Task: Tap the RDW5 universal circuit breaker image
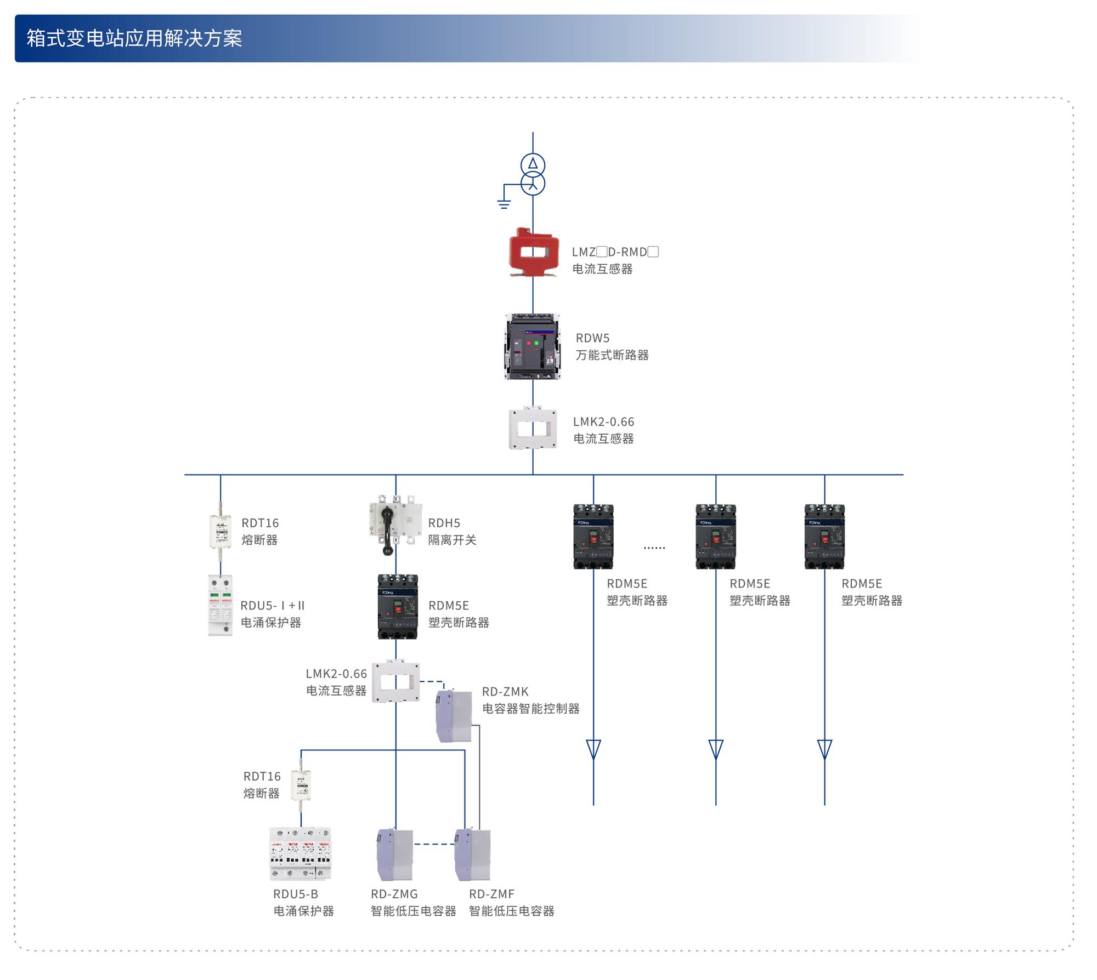533,346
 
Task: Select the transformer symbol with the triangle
533,164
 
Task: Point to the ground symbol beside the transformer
504,204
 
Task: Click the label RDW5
592,338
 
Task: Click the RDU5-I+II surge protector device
220,605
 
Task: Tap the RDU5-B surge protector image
301,853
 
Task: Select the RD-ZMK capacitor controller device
454,716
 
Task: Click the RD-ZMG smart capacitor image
395,854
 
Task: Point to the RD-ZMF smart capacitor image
472,854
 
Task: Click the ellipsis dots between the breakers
654,548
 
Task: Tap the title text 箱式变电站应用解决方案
134,38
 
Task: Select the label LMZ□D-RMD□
615,252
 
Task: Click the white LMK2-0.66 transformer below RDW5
533,428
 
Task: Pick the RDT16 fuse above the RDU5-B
301,785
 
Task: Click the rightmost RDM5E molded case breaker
824,537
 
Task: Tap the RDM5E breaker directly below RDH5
398,606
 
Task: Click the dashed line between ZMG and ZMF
434,844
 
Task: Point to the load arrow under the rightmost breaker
824,749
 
